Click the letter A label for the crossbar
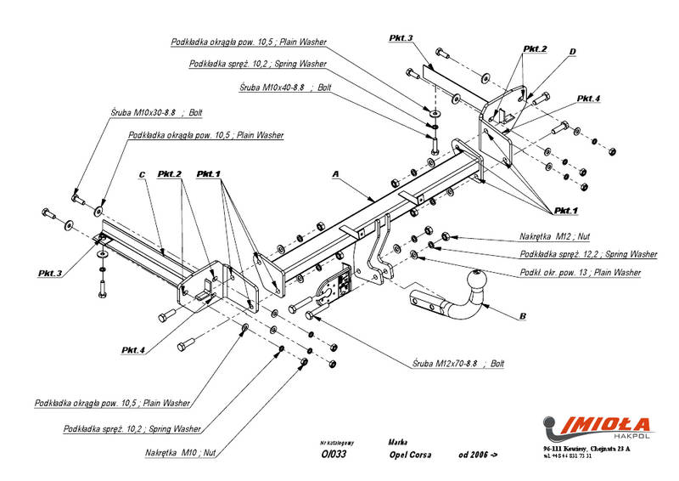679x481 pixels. pyautogui.click(x=335, y=173)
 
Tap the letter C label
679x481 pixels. pyautogui.click(x=143, y=175)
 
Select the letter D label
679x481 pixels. pyautogui.click(x=572, y=52)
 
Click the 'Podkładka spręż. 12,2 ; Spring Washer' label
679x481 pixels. pyautogui.click(x=588, y=254)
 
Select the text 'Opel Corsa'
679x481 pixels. pyautogui.click(x=410, y=455)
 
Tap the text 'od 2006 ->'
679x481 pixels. pyautogui.click(x=477, y=455)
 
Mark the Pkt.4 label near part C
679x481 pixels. pyautogui.click(x=134, y=350)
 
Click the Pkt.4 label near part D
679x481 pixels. pyautogui.click(x=588, y=99)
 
